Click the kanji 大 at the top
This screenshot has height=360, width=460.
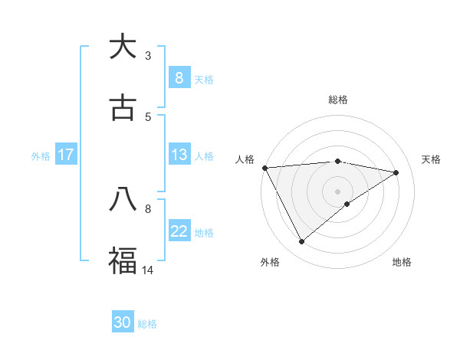click(123, 47)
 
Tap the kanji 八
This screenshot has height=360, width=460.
click(123, 200)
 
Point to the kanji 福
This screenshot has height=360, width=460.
click(123, 260)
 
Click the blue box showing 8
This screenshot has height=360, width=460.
click(179, 77)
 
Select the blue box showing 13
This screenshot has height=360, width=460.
click(179, 155)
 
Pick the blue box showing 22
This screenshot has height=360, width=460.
click(179, 231)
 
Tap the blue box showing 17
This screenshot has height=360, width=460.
click(66, 155)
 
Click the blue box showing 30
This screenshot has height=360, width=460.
click(123, 322)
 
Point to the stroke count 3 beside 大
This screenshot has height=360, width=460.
click(148, 56)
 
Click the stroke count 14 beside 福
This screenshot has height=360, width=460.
click(148, 270)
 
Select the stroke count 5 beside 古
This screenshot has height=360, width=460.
click(148, 116)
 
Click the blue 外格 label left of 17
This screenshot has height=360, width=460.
click(41, 155)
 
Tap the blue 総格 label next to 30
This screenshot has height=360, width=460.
click(147, 324)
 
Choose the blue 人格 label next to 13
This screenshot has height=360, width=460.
click(204, 155)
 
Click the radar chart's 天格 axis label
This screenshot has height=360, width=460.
click(431, 159)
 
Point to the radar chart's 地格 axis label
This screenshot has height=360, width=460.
click(402, 262)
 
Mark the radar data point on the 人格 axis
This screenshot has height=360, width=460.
click(264, 168)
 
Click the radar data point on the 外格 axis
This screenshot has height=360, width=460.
click(301, 242)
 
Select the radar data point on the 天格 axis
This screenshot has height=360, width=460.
click(396, 172)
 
